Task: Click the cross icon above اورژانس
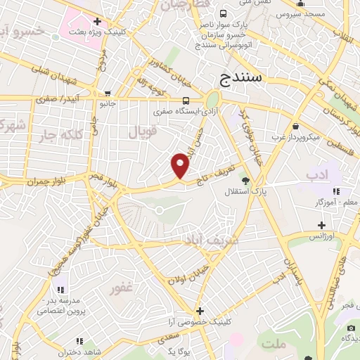[321, 226]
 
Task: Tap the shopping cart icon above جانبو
[106, 93]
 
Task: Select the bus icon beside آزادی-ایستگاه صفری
[186, 100]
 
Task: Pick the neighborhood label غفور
[122, 288]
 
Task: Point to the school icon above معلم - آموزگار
[336, 191]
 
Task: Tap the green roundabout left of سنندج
[212, 99]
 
